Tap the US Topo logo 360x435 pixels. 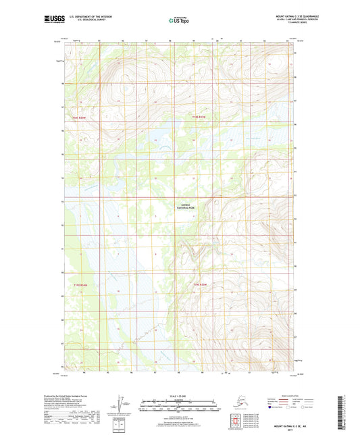180,20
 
